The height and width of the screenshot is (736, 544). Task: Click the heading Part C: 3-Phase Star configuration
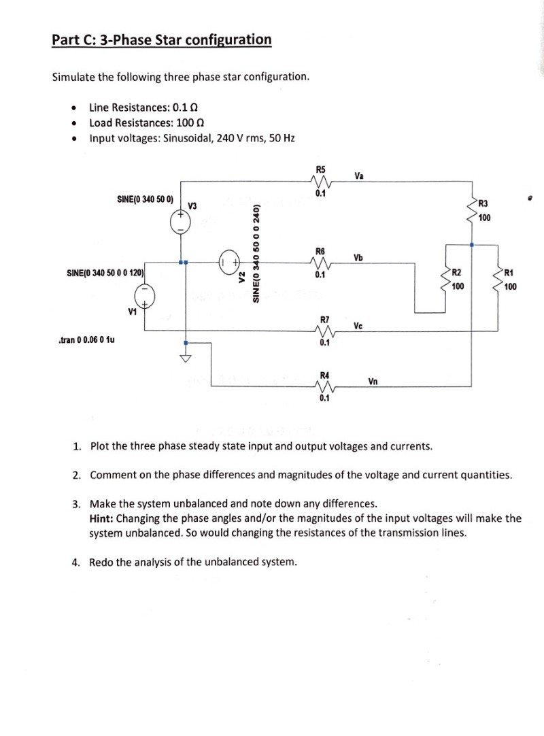[x=162, y=39]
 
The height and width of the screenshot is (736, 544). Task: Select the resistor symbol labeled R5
[x=320, y=182]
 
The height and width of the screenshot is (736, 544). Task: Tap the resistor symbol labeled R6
[x=320, y=263]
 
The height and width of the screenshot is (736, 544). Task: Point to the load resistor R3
[x=472, y=210]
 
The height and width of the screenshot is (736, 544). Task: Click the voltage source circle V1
[x=143, y=297]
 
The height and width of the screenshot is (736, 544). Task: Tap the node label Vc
[x=358, y=325]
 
